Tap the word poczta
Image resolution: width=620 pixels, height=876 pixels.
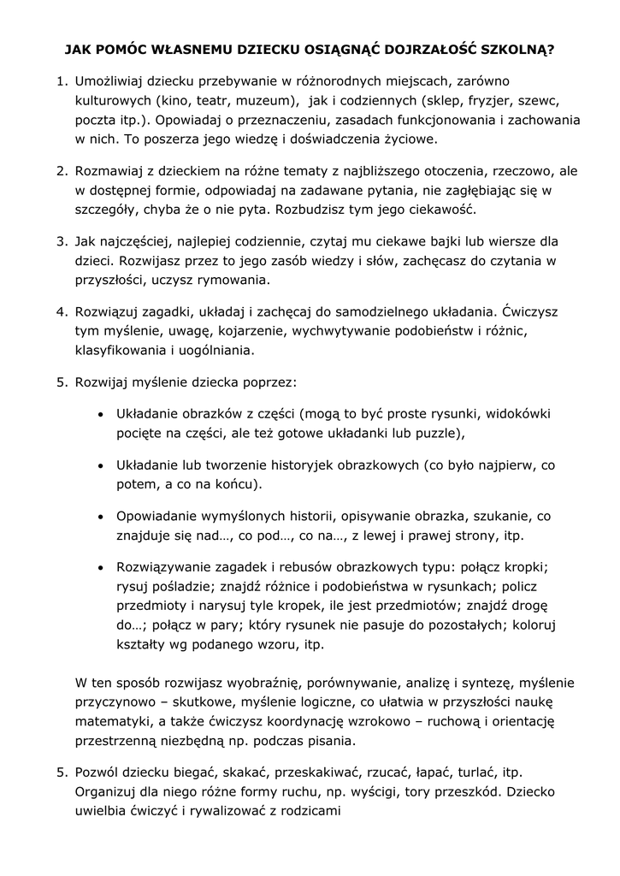pos(95,119)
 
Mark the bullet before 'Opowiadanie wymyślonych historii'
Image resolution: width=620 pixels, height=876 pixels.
pos(101,518)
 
